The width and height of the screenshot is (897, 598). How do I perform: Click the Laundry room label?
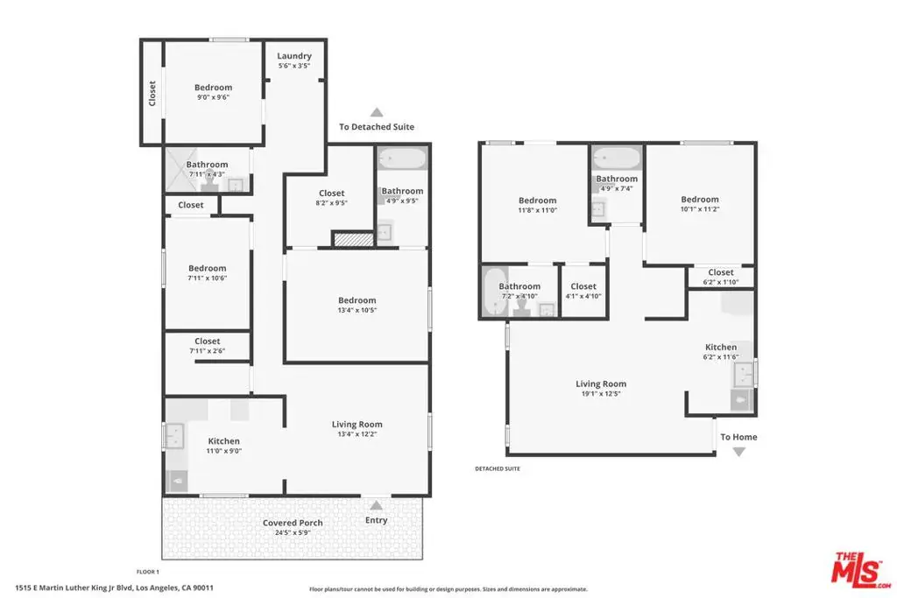click(x=294, y=56)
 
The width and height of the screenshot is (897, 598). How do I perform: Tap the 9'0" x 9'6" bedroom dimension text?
click(x=213, y=97)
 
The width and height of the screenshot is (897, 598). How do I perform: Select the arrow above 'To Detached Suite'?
click(x=377, y=112)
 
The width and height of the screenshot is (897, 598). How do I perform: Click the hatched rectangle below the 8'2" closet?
click(x=353, y=239)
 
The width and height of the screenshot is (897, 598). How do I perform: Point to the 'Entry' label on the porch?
click(x=377, y=520)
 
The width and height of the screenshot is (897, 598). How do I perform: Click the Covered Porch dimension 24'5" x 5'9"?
click(x=293, y=533)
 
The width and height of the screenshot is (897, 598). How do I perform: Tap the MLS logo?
click(x=861, y=570)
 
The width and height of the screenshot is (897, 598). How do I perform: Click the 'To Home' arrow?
click(x=738, y=452)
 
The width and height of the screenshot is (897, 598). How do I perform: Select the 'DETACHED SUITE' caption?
click(x=498, y=468)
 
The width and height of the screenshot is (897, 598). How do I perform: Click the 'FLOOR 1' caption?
click(x=147, y=572)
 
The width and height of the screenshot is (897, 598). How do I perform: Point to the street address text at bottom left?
click(x=115, y=587)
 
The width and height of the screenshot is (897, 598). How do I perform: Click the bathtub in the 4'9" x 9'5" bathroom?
click(x=403, y=158)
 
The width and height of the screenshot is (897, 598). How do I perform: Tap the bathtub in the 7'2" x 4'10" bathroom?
click(x=494, y=291)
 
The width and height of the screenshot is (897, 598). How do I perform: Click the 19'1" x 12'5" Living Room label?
click(x=601, y=388)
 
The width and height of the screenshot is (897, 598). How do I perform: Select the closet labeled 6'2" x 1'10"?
click(x=721, y=278)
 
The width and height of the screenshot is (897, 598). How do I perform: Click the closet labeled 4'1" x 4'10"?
click(x=583, y=291)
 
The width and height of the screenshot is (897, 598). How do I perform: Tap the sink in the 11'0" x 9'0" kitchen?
click(x=174, y=436)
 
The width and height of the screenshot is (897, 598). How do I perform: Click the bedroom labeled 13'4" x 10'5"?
click(x=357, y=306)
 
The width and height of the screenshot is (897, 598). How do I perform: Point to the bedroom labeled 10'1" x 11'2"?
click(x=700, y=204)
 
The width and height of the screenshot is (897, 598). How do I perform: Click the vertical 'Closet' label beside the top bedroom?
click(x=152, y=93)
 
